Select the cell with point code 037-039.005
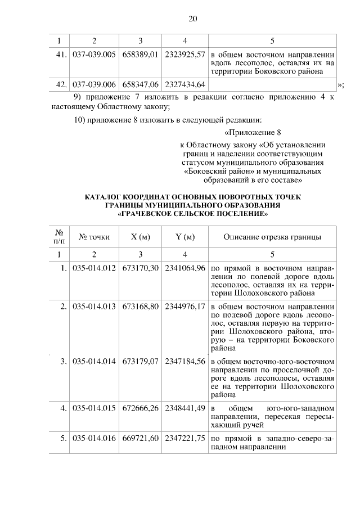(x=94, y=56)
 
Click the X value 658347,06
(x=140, y=84)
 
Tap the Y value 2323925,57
(x=185, y=56)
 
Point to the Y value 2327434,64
(x=185, y=84)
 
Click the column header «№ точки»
(x=94, y=237)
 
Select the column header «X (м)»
(x=140, y=237)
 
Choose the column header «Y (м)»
(x=185, y=237)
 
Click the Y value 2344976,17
(x=185, y=307)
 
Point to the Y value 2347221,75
(x=185, y=438)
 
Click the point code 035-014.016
(x=94, y=438)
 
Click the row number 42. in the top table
(x=61, y=84)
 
